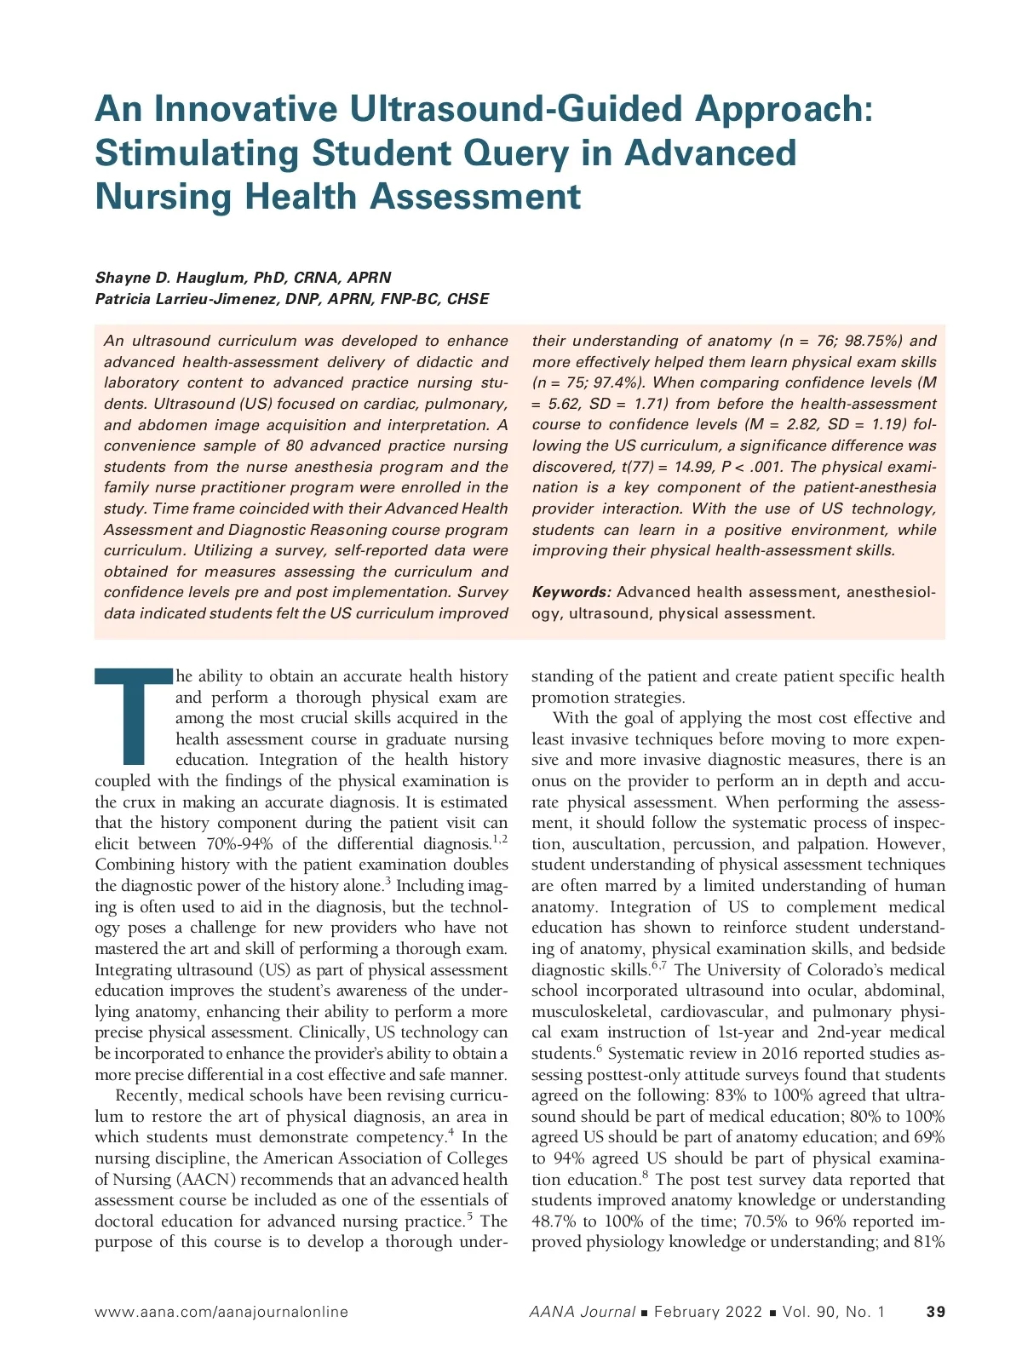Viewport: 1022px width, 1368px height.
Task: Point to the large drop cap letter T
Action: (134, 716)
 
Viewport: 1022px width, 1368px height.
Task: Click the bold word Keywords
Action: (571, 592)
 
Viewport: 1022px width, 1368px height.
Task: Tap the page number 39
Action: (935, 1312)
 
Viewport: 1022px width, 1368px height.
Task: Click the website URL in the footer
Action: (221, 1312)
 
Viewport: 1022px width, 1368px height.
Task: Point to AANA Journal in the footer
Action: (582, 1312)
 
